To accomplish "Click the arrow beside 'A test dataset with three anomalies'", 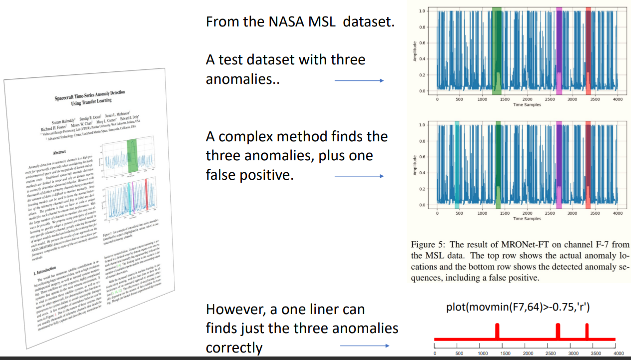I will pyautogui.click(x=359, y=80).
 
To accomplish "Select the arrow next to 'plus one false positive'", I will pyautogui.click(x=359, y=176).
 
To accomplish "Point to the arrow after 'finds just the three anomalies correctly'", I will pyautogui.click(x=364, y=346).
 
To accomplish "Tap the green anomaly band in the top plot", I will pyautogui.click(x=497, y=50).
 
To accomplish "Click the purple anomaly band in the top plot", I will pyautogui.click(x=559, y=50).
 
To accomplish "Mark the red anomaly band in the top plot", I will pyautogui.click(x=588, y=50).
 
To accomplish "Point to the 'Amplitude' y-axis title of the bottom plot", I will pyautogui.click(x=414, y=164).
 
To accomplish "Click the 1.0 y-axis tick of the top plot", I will pyautogui.click(x=422, y=10).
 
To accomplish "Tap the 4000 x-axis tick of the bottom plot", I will pyautogui.click(x=618, y=213).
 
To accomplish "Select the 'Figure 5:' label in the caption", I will pyautogui.click(x=428, y=245).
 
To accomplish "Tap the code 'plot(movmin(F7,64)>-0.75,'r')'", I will pyautogui.click(x=518, y=308).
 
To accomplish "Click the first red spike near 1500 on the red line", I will pyautogui.click(x=497, y=331).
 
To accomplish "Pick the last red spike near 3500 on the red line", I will pyautogui.click(x=587, y=331).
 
